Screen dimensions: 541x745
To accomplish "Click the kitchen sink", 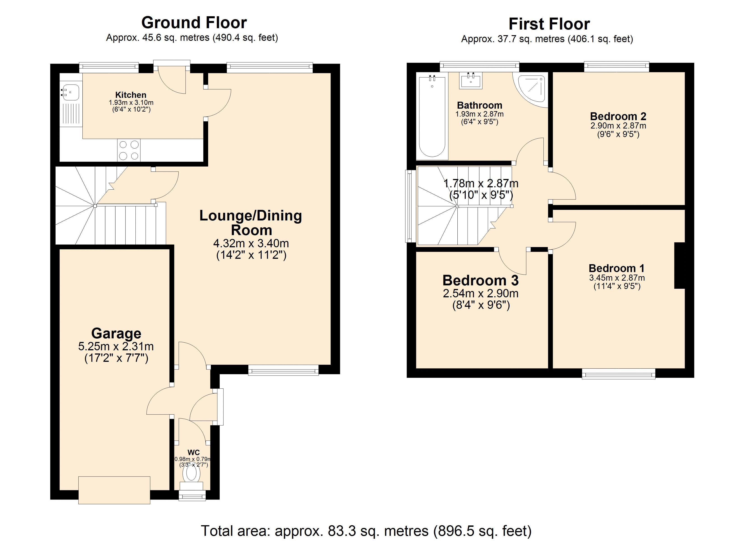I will pos(70,92).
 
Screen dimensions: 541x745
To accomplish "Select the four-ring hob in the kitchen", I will pos(129,150).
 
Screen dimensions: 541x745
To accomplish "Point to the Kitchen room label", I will pos(131,95).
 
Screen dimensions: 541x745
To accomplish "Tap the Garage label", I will pos(116,333).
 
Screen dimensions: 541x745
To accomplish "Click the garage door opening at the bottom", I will pos(114,490).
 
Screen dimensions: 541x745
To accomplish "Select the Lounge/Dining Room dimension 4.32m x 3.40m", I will pos(251,243).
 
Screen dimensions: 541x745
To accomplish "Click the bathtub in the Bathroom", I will pos(432,117).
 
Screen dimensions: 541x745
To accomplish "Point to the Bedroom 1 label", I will pos(617,268).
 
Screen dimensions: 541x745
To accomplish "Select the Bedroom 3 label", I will pos(480,280).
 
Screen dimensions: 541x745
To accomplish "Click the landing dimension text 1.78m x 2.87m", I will pos(481,183).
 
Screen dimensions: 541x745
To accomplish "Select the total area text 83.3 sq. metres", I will pos(366,530).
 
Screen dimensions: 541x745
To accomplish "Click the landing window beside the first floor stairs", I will pos(409,206).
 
